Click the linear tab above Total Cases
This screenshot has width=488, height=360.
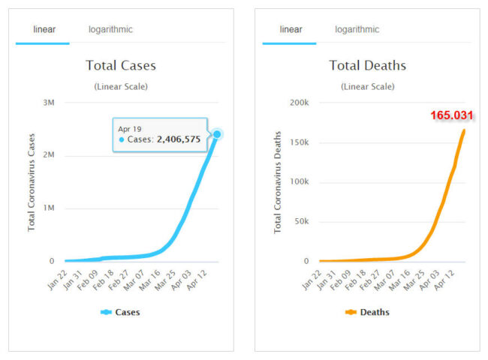click(x=44, y=29)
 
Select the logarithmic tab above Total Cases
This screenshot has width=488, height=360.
click(x=110, y=29)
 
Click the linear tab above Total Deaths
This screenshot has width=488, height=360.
click(x=291, y=29)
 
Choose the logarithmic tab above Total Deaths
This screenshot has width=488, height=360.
click(x=357, y=29)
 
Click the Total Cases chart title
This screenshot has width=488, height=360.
click(x=121, y=65)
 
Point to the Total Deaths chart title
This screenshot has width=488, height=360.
click(x=367, y=65)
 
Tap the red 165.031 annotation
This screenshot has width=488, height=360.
click(x=452, y=115)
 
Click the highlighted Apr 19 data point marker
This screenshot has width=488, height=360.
click(x=217, y=134)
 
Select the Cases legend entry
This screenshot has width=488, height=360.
click(x=121, y=312)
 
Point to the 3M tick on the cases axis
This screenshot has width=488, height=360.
click(x=47, y=102)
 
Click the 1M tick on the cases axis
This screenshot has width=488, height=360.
click(x=47, y=208)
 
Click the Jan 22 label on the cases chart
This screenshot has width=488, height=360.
click(x=58, y=280)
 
